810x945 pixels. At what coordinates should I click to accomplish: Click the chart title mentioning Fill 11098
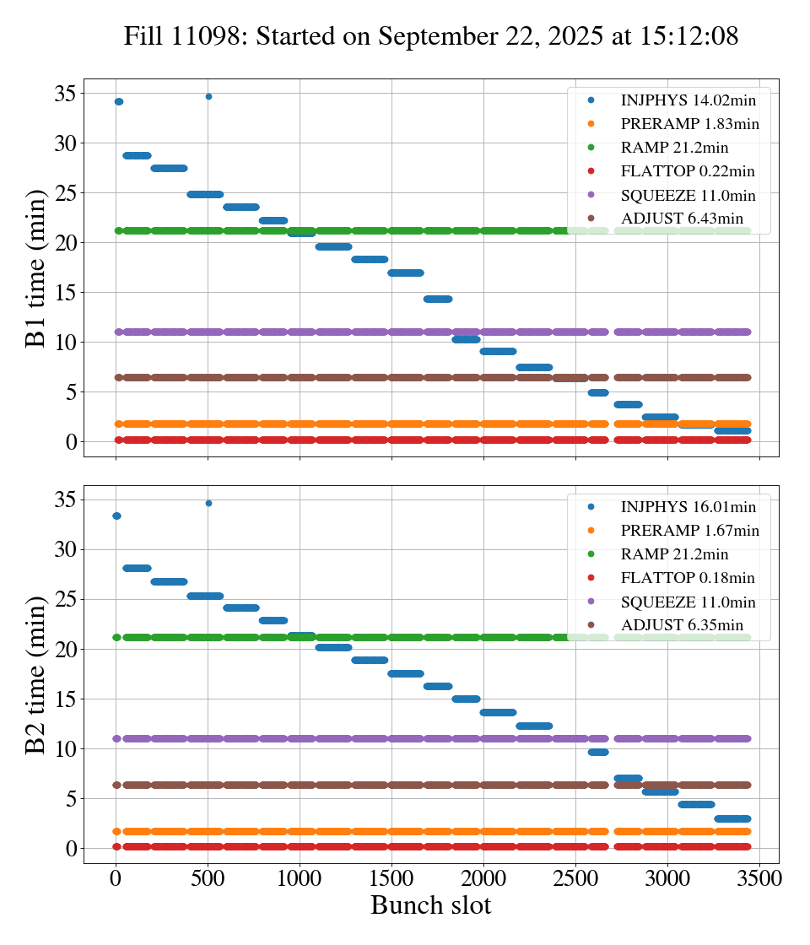(x=431, y=36)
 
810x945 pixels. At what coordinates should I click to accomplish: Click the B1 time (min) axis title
(x=35, y=267)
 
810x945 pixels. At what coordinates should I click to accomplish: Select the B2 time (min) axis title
(x=35, y=674)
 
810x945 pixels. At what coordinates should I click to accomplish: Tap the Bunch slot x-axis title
(x=431, y=906)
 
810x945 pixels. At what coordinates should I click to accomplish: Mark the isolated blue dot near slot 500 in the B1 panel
(x=208, y=96)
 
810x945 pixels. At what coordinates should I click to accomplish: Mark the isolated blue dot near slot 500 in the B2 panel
(x=208, y=503)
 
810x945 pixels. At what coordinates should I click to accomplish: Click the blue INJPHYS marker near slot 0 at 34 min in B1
(x=118, y=101)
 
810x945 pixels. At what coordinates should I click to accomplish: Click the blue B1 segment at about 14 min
(x=438, y=299)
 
